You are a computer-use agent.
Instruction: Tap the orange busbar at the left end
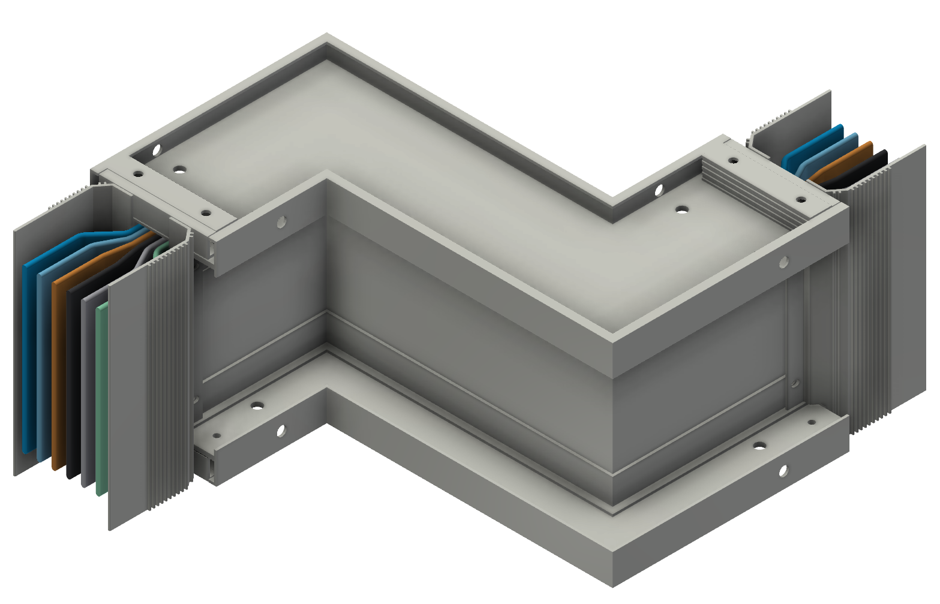[58, 372]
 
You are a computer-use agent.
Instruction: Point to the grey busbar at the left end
[88, 390]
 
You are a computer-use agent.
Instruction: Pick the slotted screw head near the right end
[659, 191]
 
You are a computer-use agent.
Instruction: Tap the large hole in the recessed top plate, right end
[681, 209]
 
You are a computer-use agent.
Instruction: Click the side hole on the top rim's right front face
[783, 261]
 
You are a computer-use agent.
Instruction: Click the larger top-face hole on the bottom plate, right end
[760, 446]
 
